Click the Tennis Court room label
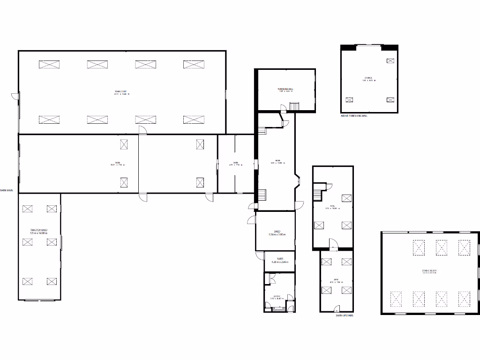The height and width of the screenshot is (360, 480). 121,92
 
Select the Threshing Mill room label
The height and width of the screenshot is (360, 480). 285,90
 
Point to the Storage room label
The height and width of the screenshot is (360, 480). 369,79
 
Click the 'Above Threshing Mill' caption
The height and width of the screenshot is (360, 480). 354,115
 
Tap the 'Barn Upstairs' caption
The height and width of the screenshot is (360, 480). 344,316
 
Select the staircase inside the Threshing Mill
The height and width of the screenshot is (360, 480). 294,107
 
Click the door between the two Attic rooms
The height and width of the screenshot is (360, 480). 332,244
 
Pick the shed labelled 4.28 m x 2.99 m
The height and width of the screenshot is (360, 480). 279,261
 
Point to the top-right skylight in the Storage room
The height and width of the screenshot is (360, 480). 390,60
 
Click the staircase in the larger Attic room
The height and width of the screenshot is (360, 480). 319,191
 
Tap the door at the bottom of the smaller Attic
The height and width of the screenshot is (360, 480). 336,308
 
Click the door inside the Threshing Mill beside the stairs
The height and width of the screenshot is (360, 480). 284,109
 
